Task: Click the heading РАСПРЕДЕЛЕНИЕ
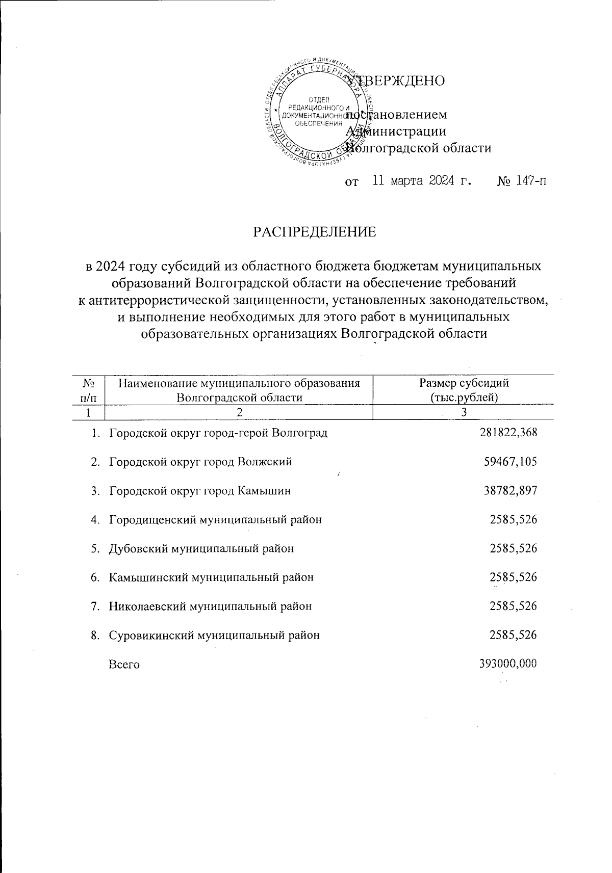click(315, 232)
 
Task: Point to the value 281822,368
click(508, 433)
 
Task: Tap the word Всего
click(124, 665)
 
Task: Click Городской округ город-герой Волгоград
click(218, 434)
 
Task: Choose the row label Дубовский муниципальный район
click(201, 549)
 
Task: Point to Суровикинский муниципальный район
click(214, 636)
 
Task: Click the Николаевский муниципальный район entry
click(210, 606)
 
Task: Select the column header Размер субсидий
click(464, 383)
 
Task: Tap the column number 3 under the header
click(464, 412)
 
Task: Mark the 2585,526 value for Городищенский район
click(514, 520)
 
